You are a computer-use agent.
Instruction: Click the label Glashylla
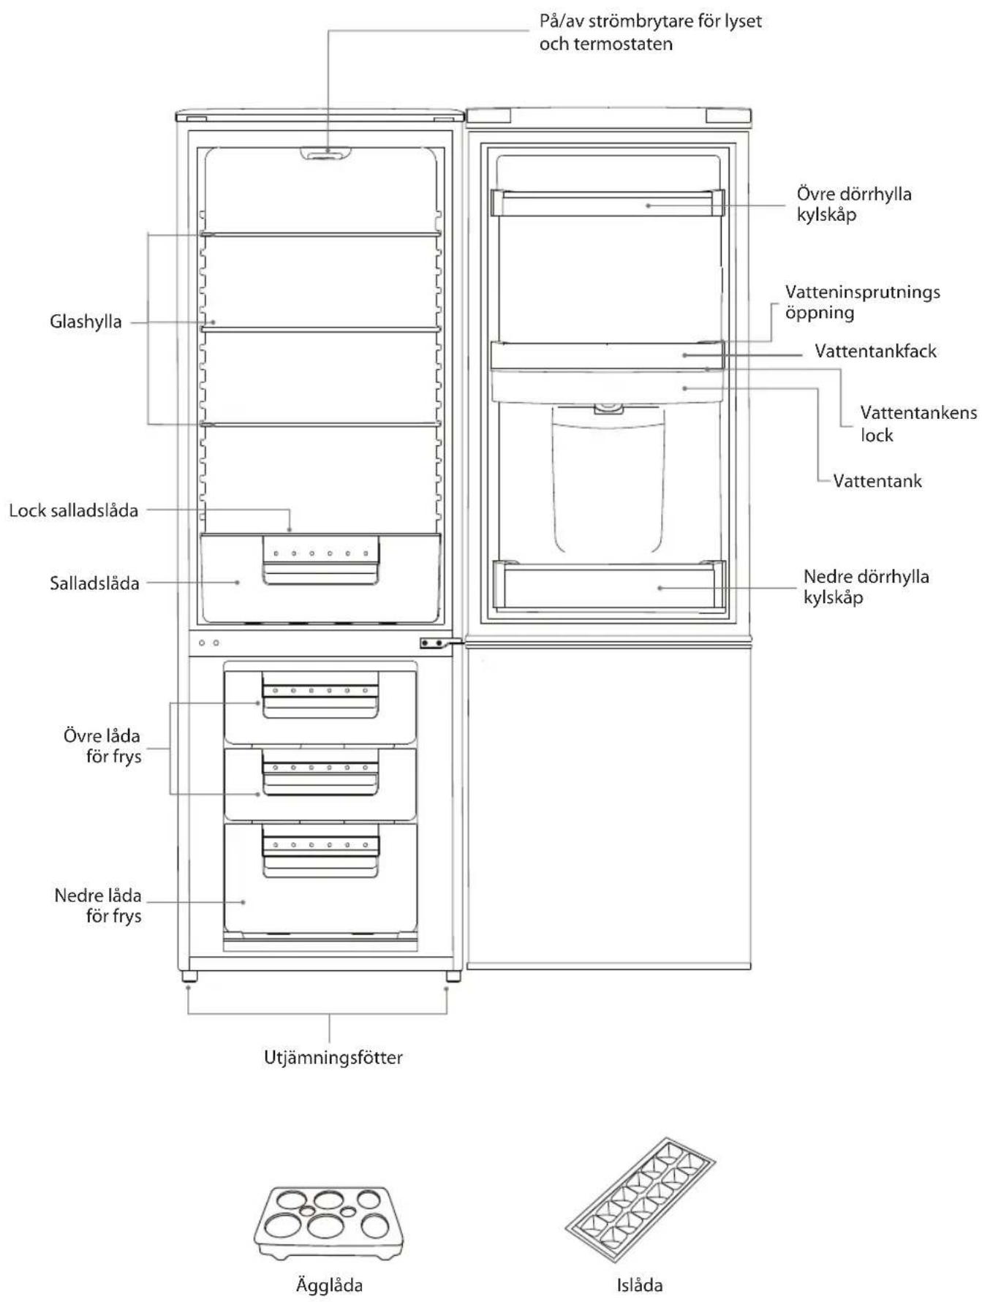(x=86, y=322)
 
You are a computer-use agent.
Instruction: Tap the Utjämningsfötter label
(x=333, y=1057)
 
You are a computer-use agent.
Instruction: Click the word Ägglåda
(x=329, y=1284)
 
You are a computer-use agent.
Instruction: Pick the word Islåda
(x=640, y=1284)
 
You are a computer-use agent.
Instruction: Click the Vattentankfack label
(x=875, y=351)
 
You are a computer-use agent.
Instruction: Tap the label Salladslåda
(x=94, y=583)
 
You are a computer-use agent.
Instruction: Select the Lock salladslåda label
(x=73, y=510)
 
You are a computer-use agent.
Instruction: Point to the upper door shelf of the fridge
(x=608, y=203)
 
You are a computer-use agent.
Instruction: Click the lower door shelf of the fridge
(x=609, y=585)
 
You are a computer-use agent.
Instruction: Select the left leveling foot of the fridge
(x=189, y=976)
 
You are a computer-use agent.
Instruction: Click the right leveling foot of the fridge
(x=452, y=976)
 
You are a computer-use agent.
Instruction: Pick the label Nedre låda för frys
(x=98, y=906)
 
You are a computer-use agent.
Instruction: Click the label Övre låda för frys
(x=102, y=746)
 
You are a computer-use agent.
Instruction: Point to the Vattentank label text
(x=877, y=481)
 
